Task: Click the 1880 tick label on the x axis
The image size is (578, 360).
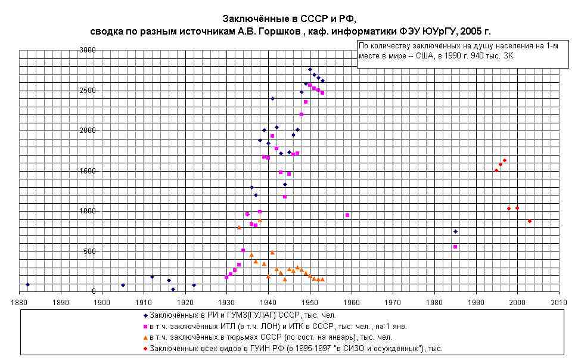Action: coord(20,302)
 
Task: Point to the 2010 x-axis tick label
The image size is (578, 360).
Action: coord(559,302)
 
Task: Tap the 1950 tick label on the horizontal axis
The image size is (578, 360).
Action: coord(310,302)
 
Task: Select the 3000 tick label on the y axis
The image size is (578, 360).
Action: coord(88,50)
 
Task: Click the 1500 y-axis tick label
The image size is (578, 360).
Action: coord(88,171)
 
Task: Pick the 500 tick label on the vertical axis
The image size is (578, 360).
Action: coord(89,252)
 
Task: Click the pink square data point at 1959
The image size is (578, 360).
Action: coord(347,215)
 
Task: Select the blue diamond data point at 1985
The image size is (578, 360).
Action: coord(455,231)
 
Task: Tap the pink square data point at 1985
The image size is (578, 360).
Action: coord(455,247)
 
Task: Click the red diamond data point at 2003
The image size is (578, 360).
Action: coord(530,221)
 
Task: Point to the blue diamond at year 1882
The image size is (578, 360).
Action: coord(27,285)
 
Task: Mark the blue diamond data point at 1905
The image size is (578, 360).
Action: coord(123,285)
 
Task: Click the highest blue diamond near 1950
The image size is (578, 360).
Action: coord(310,69)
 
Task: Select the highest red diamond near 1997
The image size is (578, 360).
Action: coord(505,160)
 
